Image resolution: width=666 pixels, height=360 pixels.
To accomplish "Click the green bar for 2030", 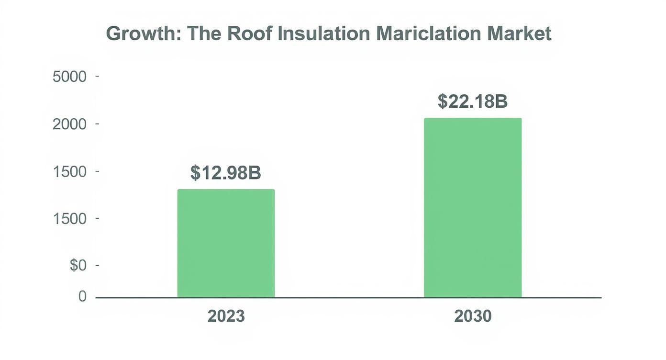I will coord(473,208).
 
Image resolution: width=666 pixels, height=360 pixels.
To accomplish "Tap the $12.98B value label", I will coord(226,173).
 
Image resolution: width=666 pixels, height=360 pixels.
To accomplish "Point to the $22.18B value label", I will coord(473,101).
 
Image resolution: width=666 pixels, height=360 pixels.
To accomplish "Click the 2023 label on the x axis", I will coord(226,316).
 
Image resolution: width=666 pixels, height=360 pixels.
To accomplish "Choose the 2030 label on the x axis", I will coord(473,316).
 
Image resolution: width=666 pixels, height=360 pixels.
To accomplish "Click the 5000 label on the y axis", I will coord(69,77).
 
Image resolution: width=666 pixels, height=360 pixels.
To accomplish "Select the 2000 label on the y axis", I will coord(69,124).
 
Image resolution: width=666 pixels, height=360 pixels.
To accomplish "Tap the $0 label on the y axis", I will coord(78,266).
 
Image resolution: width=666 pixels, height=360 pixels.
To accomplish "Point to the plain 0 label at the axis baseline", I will coord(82,297).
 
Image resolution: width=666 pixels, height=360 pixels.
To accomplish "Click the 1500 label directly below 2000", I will coord(69,171).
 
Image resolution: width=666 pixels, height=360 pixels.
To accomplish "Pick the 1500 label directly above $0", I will coord(69,219).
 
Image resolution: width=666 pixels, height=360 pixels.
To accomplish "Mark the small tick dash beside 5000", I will coord(98,77).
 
